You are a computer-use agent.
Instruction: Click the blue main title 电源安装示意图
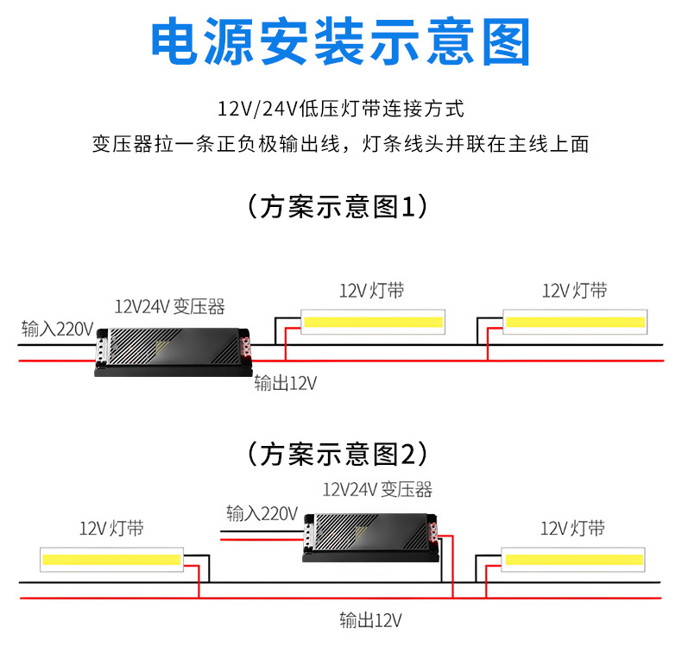(x=340, y=41)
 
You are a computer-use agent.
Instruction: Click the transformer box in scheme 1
(x=173, y=348)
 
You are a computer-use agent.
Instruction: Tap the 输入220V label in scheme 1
(x=57, y=329)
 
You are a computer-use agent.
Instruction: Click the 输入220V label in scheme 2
(x=262, y=513)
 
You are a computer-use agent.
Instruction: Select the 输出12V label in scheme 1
(x=285, y=383)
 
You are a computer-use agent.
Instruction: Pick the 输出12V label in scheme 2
(x=370, y=620)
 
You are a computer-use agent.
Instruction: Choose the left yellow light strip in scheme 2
(x=111, y=561)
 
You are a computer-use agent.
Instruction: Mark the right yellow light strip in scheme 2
(x=575, y=561)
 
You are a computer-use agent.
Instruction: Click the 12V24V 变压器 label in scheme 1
(x=170, y=306)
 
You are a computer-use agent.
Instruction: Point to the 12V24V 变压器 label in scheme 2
(x=377, y=490)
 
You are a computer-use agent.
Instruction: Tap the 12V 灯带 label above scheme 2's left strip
(x=111, y=529)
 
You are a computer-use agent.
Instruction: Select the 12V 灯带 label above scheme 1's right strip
(x=574, y=291)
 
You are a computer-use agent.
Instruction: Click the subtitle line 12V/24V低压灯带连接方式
(x=340, y=110)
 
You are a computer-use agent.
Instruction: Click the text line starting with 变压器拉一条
(x=340, y=144)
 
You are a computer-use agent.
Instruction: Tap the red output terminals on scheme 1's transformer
(x=248, y=348)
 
